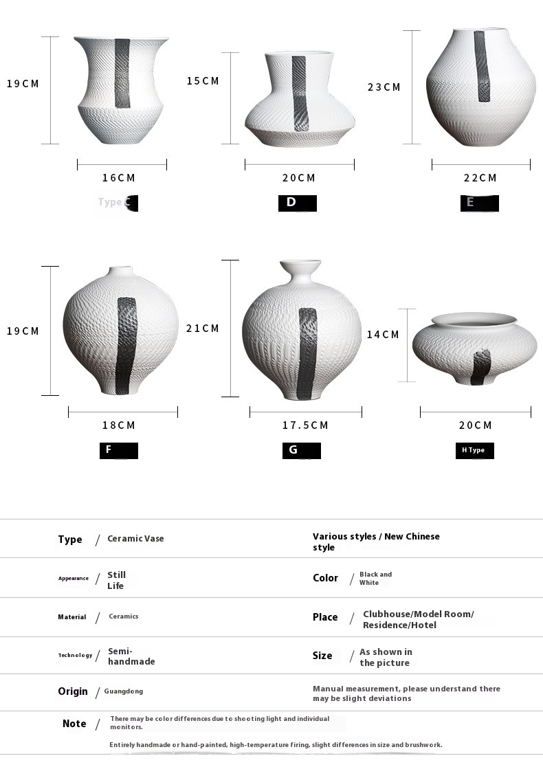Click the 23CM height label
pos(384,87)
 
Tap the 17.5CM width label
pos(305,425)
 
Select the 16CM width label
pos(119,178)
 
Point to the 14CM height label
pos(383,335)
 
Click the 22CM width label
pos(480,178)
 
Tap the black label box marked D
pos(297,203)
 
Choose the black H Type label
pos(474,450)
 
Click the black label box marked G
pos(301,450)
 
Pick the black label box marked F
pos(118,450)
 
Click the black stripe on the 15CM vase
pos(300,93)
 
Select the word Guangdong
pos(124,691)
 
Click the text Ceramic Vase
pos(135,539)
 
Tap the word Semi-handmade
pos(131,656)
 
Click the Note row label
pos(74,724)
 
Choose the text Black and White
pos(375,578)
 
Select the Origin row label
pos(73,691)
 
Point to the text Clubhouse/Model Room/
pos(418,614)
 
